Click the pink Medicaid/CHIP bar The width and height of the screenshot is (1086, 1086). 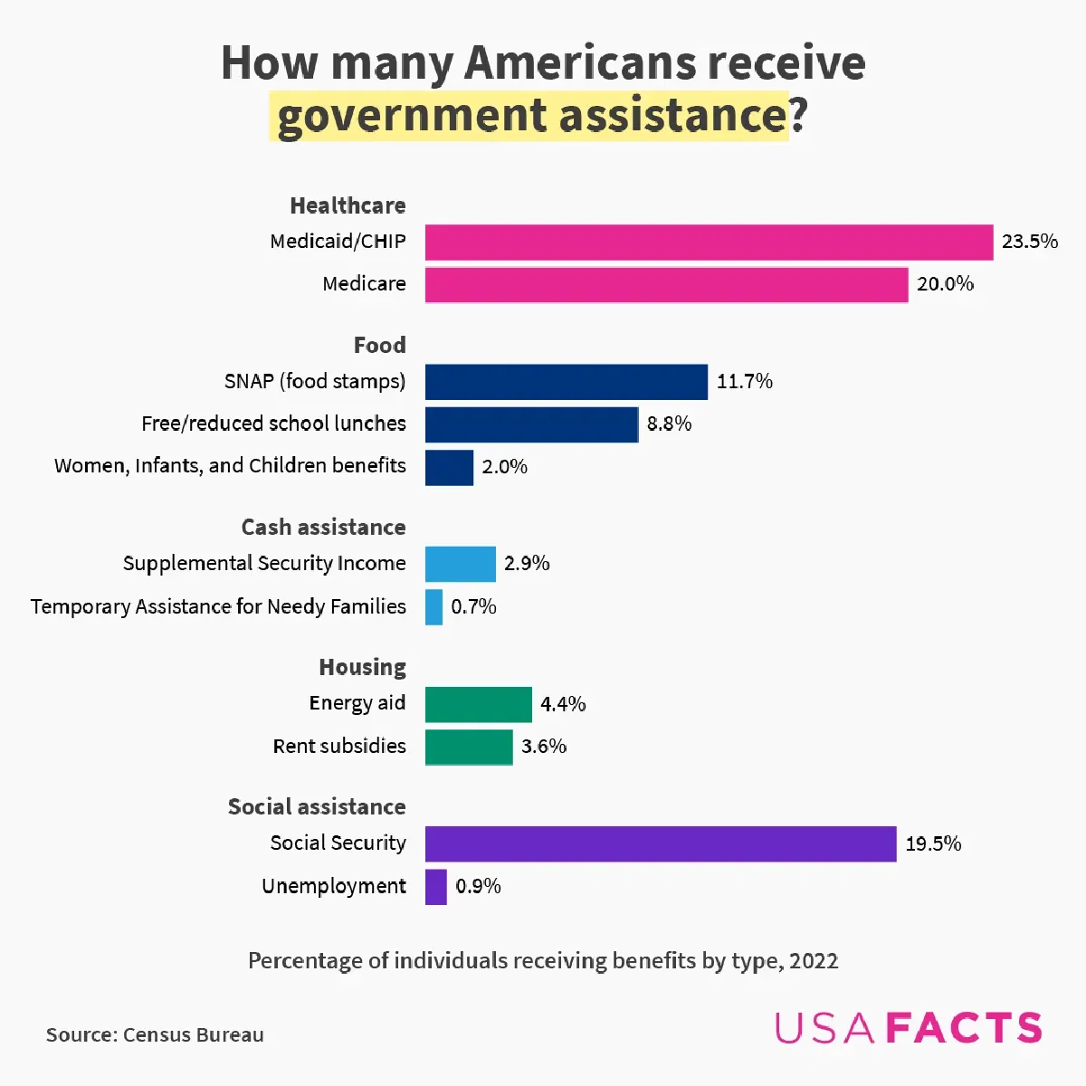click(709, 242)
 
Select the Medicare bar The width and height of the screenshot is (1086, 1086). click(666, 284)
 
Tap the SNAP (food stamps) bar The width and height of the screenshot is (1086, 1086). click(567, 382)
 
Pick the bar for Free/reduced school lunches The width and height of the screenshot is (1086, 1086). click(532, 424)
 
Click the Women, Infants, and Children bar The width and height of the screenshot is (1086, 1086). click(449, 467)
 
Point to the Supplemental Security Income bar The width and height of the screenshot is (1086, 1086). click(461, 564)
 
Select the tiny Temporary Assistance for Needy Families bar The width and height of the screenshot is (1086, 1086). click(434, 606)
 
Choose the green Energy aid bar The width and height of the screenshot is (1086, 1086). click(479, 704)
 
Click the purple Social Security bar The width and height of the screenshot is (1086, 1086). click(661, 843)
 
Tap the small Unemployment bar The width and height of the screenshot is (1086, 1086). click(436, 886)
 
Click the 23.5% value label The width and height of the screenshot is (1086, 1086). click(1030, 242)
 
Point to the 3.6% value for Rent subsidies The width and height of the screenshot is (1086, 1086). click(544, 747)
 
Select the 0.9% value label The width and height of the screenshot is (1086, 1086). click(478, 886)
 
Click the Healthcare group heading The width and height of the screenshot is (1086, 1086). click(348, 205)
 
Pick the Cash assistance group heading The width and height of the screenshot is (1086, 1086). click(323, 527)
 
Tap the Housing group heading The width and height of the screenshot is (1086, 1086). click(362, 667)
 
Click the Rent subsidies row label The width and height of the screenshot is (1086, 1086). click(339, 746)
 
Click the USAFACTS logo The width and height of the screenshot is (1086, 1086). click(909, 1028)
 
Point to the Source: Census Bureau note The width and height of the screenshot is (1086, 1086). click(155, 1034)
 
